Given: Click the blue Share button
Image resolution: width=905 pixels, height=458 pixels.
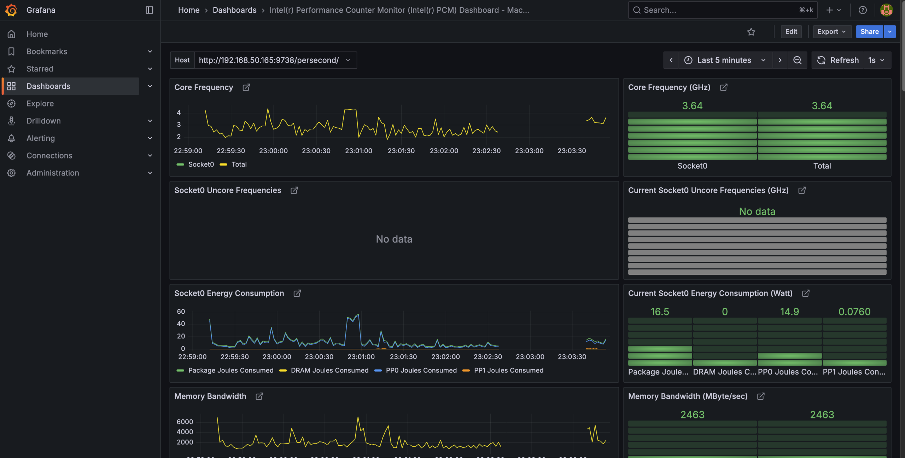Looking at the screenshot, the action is point(869,31).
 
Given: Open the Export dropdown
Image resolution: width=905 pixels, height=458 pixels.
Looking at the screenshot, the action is point(831,31).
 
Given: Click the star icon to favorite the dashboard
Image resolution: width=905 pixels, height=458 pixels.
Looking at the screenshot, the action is point(751,32).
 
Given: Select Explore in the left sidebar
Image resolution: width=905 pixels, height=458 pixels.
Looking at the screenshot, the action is point(40,103).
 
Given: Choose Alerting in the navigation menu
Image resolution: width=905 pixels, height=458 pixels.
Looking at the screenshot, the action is point(41,138).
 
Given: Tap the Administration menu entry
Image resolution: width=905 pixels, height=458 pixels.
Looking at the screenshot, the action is point(53,173).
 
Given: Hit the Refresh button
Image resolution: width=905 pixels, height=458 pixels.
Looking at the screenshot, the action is point(837,60).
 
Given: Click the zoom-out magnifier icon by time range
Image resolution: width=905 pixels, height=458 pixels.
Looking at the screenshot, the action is point(798,60).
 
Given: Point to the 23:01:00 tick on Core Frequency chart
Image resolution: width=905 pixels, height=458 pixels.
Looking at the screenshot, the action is point(358,151).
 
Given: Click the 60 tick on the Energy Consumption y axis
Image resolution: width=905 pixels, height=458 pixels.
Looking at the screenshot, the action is point(181,311).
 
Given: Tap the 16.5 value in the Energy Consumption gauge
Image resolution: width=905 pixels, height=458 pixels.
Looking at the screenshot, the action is point(660,312).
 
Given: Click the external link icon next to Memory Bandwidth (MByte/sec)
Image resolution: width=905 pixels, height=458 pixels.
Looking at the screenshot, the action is point(761,396).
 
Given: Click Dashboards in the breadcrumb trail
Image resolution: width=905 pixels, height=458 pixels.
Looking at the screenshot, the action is point(234,10).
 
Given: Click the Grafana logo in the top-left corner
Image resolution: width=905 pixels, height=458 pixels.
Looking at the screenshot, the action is point(11,10).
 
